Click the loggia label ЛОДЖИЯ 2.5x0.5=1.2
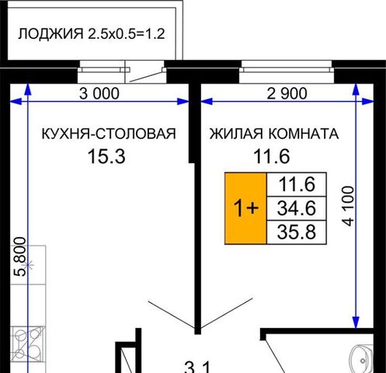click(91, 33)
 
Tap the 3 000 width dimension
click(99, 93)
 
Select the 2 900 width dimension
click(287, 93)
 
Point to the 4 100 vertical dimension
click(348, 206)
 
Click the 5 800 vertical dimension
click(20, 256)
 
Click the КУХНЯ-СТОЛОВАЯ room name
click(109, 134)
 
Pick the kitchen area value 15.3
click(106, 156)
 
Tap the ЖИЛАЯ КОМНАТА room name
click(274, 134)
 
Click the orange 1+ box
click(245, 208)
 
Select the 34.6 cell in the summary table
click(297, 208)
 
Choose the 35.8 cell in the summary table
click(297, 232)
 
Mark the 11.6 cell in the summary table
click(297, 184)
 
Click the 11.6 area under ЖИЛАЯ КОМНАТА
click(272, 156)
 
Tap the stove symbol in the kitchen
click(28, 343)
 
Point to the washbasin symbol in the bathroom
click(362, 359)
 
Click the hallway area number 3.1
click(198, 368)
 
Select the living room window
click(287, 71)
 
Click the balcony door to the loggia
click(145, 71)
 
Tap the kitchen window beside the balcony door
click(102, 71)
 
